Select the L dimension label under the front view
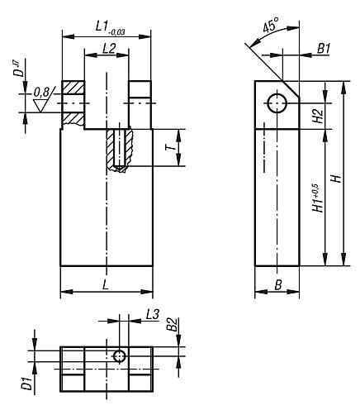(107, 284)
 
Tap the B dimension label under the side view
(277, 284)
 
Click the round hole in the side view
(277, 102)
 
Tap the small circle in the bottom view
(120, 355)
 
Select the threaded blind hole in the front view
(121, 150)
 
